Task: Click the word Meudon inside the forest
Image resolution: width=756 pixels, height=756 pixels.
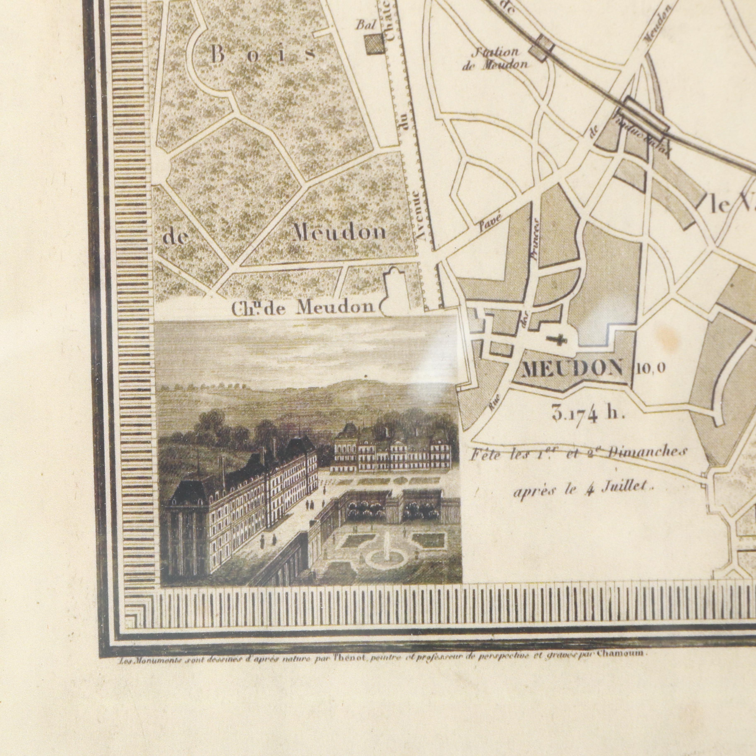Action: coord(339,234)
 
